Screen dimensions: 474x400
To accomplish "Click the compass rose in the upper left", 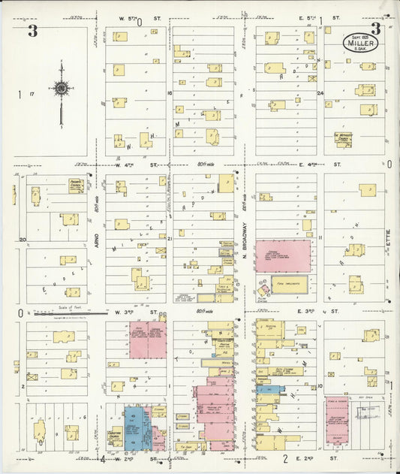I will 61,89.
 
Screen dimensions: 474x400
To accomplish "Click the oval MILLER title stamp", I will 361,43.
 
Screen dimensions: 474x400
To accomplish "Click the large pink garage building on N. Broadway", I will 283,256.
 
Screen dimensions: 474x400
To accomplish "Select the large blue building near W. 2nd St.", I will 137,427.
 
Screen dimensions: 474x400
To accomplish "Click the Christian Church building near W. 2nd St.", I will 115,437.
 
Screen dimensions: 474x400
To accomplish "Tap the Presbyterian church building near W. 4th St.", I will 77,185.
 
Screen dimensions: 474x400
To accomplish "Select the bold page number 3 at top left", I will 32,31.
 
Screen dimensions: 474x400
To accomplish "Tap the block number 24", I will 319,93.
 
